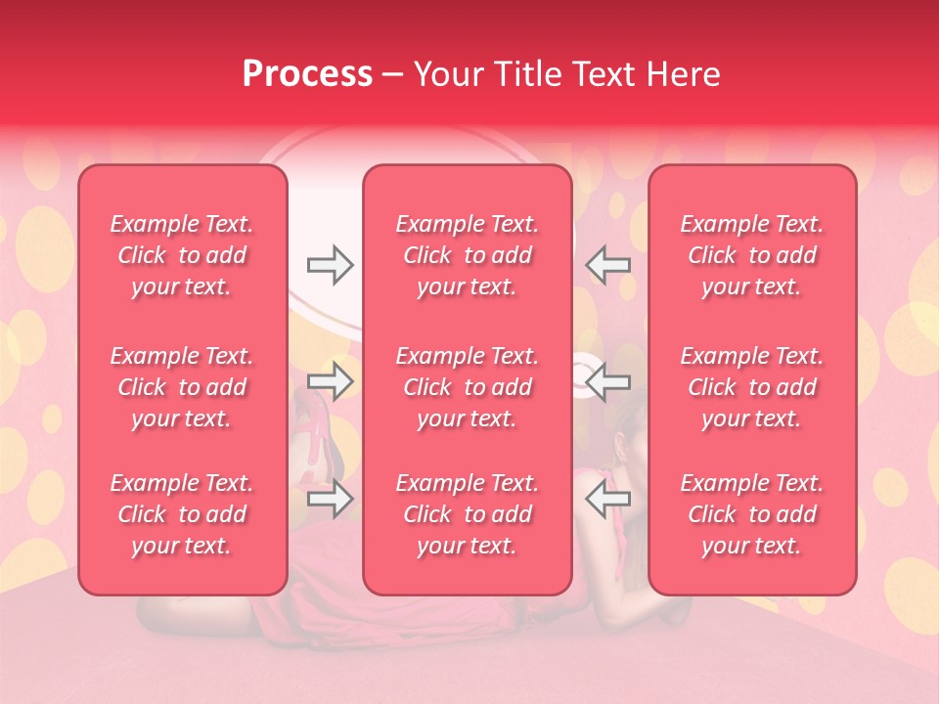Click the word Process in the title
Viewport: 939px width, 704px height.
tap(307, 74)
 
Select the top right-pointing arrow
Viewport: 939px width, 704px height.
tap(331, 265)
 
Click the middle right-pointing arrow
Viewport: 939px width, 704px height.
tap(331, 381)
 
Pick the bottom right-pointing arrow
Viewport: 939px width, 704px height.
tap(331, 499)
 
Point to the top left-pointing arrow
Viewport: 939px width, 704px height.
tap(608, 265)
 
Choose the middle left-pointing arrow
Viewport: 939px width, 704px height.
tap(608, 381)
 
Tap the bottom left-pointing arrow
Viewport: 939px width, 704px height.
tap(608, 499)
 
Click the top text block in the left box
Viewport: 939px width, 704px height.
tap(182, 255)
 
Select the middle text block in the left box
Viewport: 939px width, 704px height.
tap(182, 387)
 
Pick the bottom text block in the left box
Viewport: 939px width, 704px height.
tap(182, 514)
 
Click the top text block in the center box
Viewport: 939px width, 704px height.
tap(468, 255)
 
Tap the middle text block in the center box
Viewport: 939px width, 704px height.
tap(468, 387)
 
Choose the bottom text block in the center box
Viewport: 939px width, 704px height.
tap(468, 514)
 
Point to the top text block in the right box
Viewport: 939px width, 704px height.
tap(752, 255)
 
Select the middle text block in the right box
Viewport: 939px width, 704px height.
tap(752, 387)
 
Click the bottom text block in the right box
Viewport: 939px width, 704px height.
tap(752, 514)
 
